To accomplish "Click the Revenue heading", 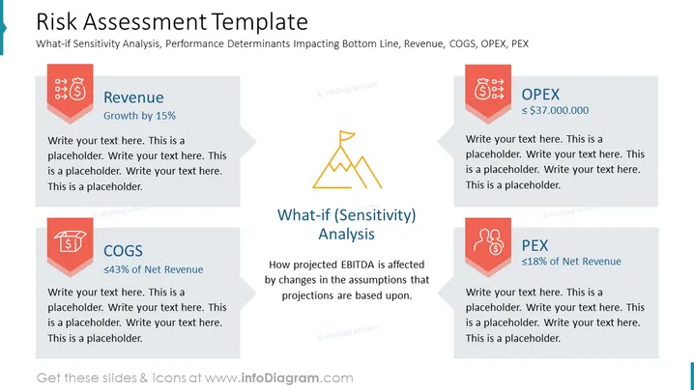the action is (x=133, y=97).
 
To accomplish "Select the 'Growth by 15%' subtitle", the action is (x=139, y=116).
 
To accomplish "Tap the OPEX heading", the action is (x=540, y=95).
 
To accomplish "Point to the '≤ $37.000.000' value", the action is (x=555, y=110).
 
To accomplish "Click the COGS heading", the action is (x=123, y=251).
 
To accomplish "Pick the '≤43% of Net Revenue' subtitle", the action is (x=153, y=269).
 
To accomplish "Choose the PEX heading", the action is (x=535, y=245).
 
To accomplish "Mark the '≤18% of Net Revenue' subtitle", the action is (x=571, y=262).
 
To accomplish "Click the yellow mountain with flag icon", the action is (x=347, y=159).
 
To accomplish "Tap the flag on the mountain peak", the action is (x=347, y=136).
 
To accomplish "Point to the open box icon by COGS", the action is (x=70, y=241).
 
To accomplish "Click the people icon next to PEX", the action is (x=489, y=241).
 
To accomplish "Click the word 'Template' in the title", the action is (x=259, y=21).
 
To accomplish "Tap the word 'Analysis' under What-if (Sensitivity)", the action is (x=347, y=234).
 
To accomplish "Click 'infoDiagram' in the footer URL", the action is (x=280, y=378).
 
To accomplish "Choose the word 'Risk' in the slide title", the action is (x=57, y=21).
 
